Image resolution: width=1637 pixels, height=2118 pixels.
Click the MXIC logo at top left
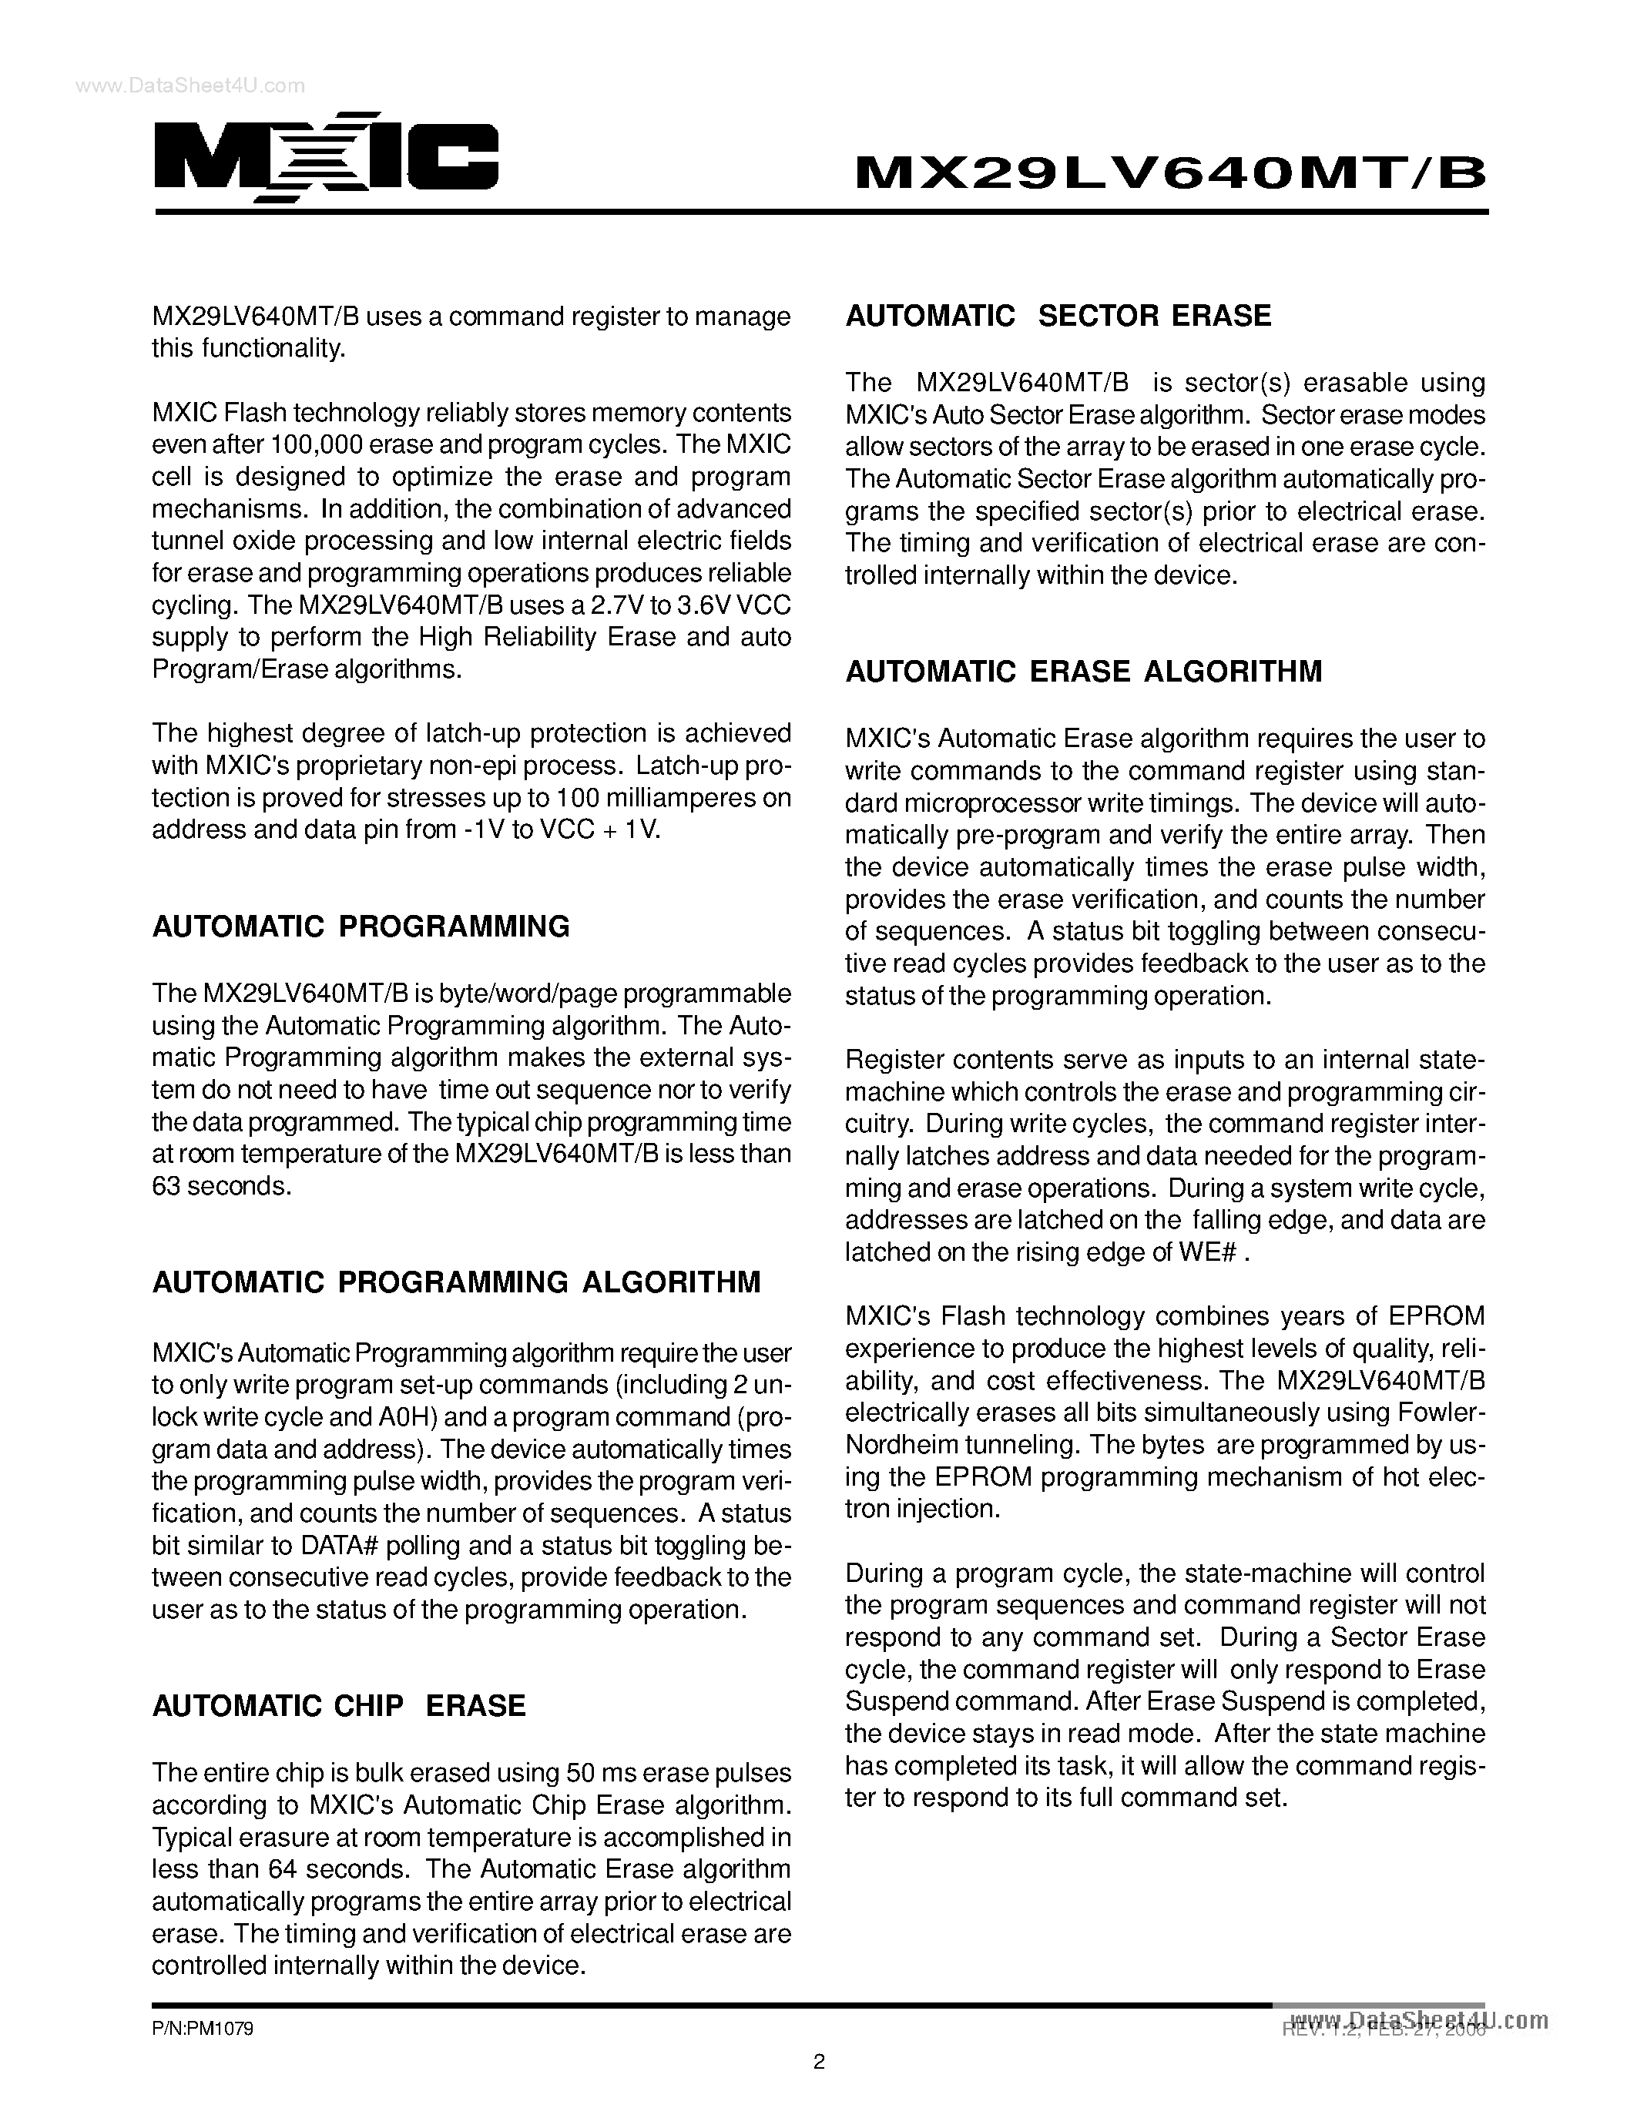coord(326,159)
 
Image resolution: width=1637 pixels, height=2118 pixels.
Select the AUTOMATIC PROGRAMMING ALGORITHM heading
coord(457,1282)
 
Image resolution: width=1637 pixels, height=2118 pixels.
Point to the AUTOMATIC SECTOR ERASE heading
coord(1058,316)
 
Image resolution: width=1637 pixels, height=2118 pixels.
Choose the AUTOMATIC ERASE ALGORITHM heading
coord(1083,672)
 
